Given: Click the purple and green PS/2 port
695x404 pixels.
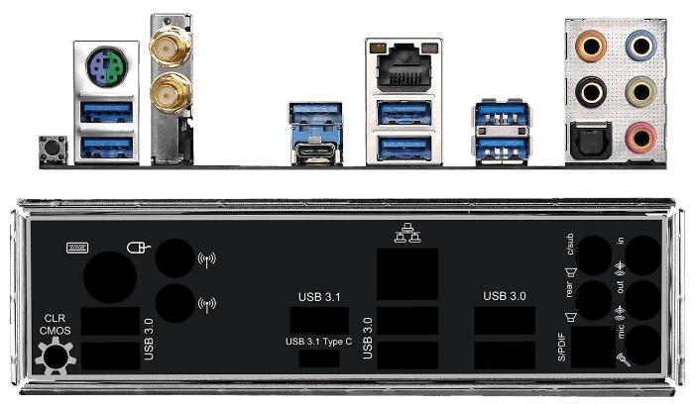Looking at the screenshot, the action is [106, 66].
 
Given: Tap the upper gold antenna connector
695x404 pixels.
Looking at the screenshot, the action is [170, 46].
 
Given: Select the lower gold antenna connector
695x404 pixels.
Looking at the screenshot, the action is [171, 93].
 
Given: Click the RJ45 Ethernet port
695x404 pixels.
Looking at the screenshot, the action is [404, 66].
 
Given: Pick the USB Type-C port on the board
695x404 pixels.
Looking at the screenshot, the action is [316, 151].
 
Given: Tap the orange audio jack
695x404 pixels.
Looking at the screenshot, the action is [591, 46].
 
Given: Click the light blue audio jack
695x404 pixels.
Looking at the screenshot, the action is [640, 46].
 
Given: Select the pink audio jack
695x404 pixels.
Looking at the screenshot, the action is [640, 138].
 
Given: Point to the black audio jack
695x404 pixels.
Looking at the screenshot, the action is [591, 92].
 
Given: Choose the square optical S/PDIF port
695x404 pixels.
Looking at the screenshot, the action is [591, 141].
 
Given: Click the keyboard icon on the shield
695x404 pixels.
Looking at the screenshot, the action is [77, 248].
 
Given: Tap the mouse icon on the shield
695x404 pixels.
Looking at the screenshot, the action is [139, 247].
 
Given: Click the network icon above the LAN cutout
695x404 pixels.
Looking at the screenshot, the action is [407, 233].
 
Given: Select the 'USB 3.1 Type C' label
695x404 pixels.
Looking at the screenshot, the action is [318, 342].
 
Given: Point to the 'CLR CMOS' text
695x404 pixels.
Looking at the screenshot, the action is [55, 325].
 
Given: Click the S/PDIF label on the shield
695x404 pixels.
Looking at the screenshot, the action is [561, 347].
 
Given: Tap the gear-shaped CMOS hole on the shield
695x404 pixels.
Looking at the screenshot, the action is [56, 356].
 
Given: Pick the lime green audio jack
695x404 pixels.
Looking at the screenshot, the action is [640, 92].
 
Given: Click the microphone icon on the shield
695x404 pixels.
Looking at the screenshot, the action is [624, 359].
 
